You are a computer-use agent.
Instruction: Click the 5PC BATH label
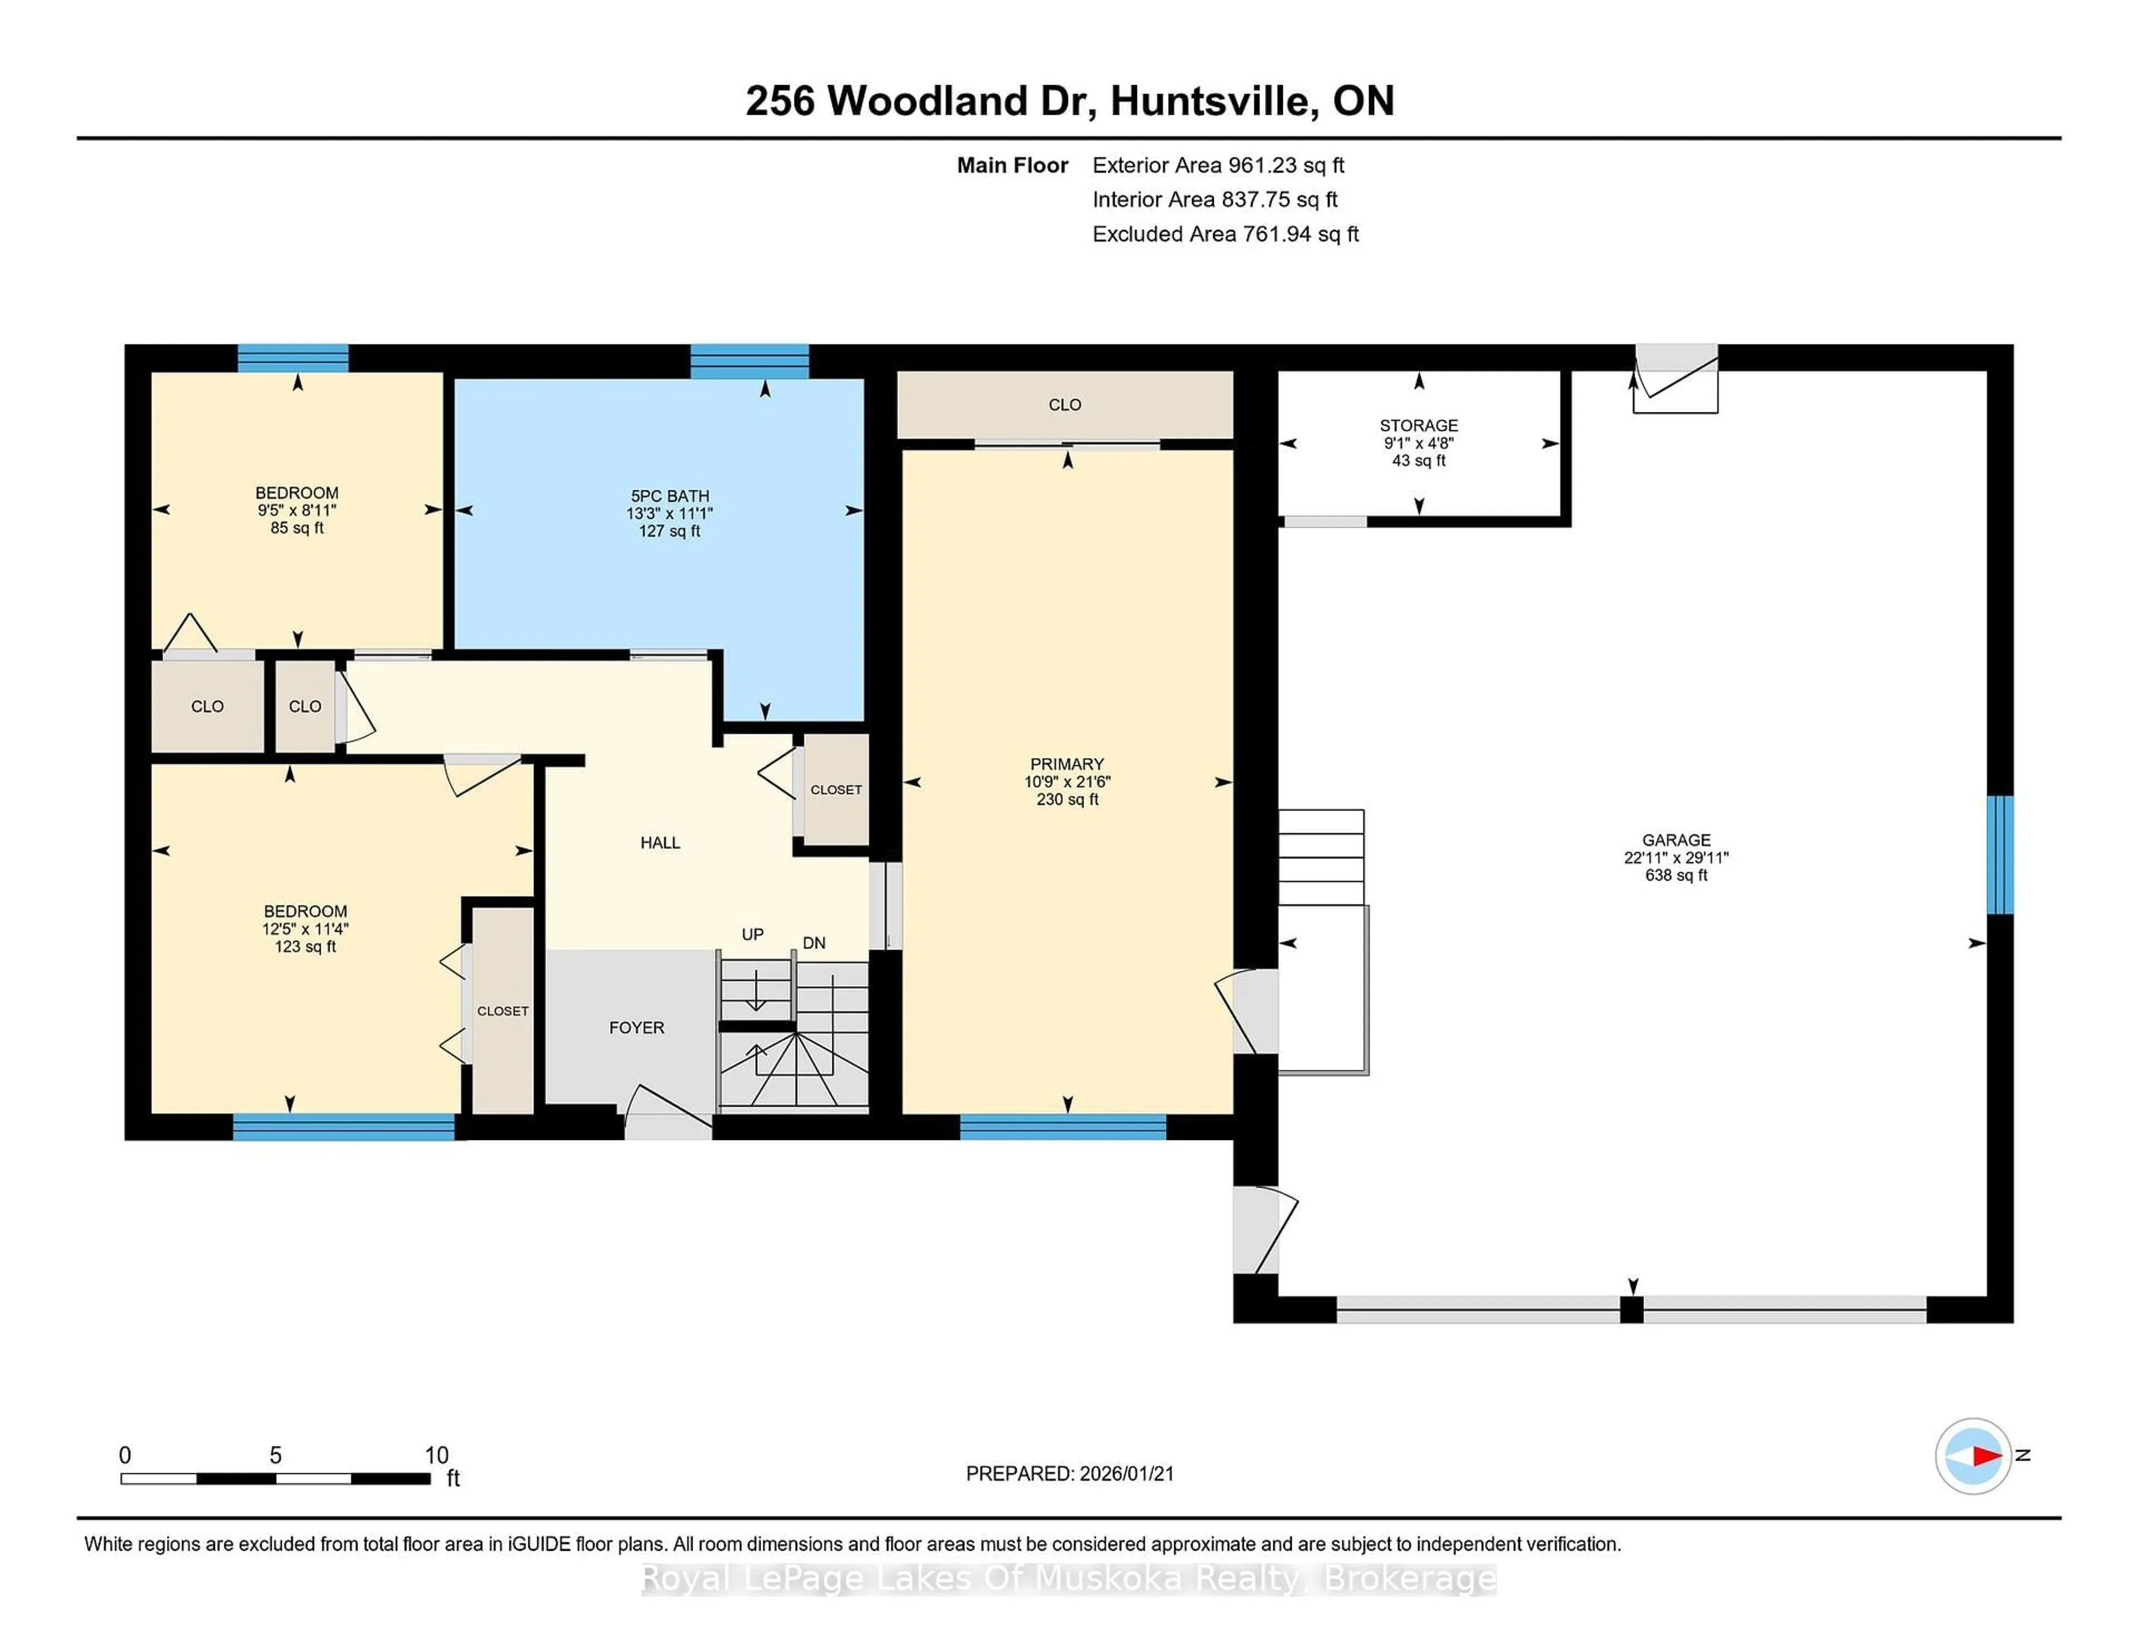pos(670,496)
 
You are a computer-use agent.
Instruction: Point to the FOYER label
pos(636,1027)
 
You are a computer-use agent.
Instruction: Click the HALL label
pos(660,843)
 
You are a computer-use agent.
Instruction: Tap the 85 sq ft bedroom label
pos(297,493)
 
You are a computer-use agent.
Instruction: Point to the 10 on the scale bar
pos(437,1456)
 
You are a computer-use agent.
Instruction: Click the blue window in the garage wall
pos(2000,854)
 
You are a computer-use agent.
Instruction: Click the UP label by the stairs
pos(752,935)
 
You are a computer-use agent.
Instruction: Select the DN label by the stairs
pos(813,943)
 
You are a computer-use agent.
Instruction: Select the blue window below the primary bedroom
pos(1062,1128)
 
